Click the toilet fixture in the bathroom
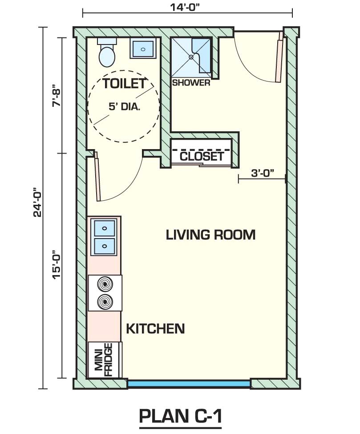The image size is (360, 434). coord(107,54)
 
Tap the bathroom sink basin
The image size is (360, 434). coord(142,48)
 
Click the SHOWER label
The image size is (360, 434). coord(191,83)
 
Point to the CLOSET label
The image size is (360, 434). coord(202,156)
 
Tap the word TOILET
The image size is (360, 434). coord(124,83)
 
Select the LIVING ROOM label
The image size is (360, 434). coord(210,235)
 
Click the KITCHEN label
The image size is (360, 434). coord(155,329)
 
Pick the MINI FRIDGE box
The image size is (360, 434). coord(105,360)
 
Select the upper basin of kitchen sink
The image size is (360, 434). coord(104,229)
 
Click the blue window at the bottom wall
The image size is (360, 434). coord(189,383)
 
